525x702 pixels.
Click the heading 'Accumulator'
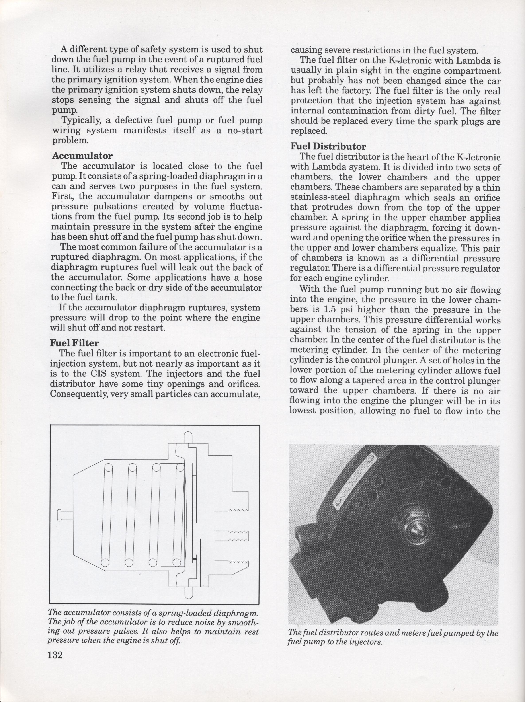(x=82, y=156)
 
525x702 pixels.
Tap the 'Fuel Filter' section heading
(x=75, y=343)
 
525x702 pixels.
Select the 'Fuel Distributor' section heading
(x=328, y=147)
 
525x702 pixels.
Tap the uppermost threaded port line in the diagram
(x=231, y=510)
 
